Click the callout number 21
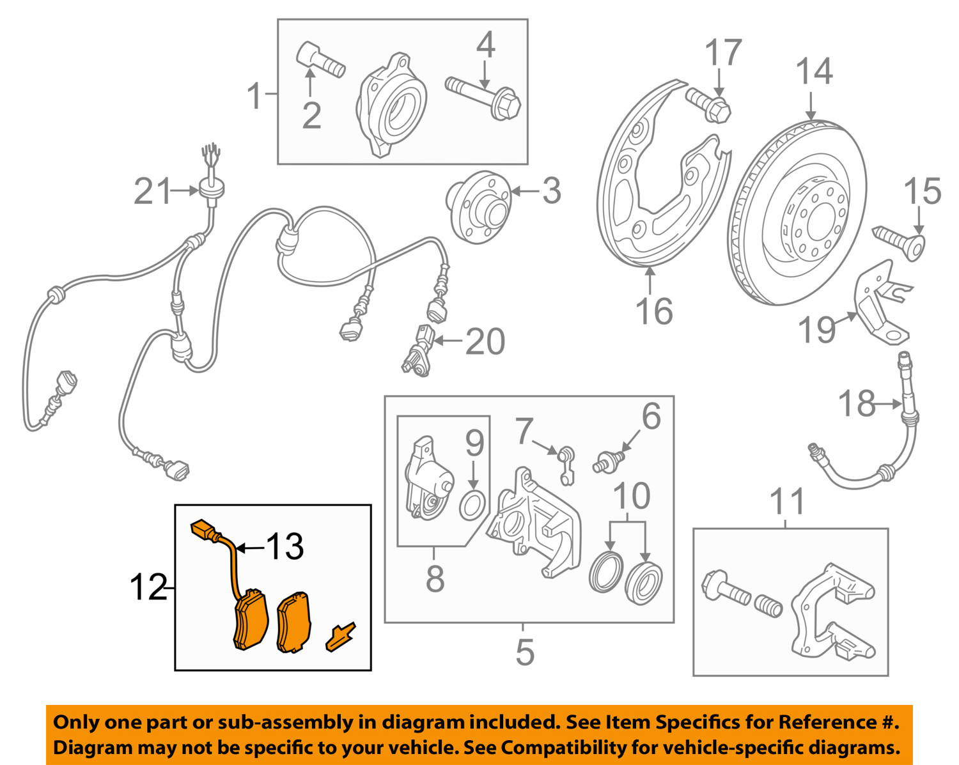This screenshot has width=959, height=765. point(153,191)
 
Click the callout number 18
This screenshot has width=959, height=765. point(857,404)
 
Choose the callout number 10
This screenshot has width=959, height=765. point(631,496)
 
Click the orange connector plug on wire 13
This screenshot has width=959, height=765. point(205,530)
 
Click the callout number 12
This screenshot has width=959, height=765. point(148,587)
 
